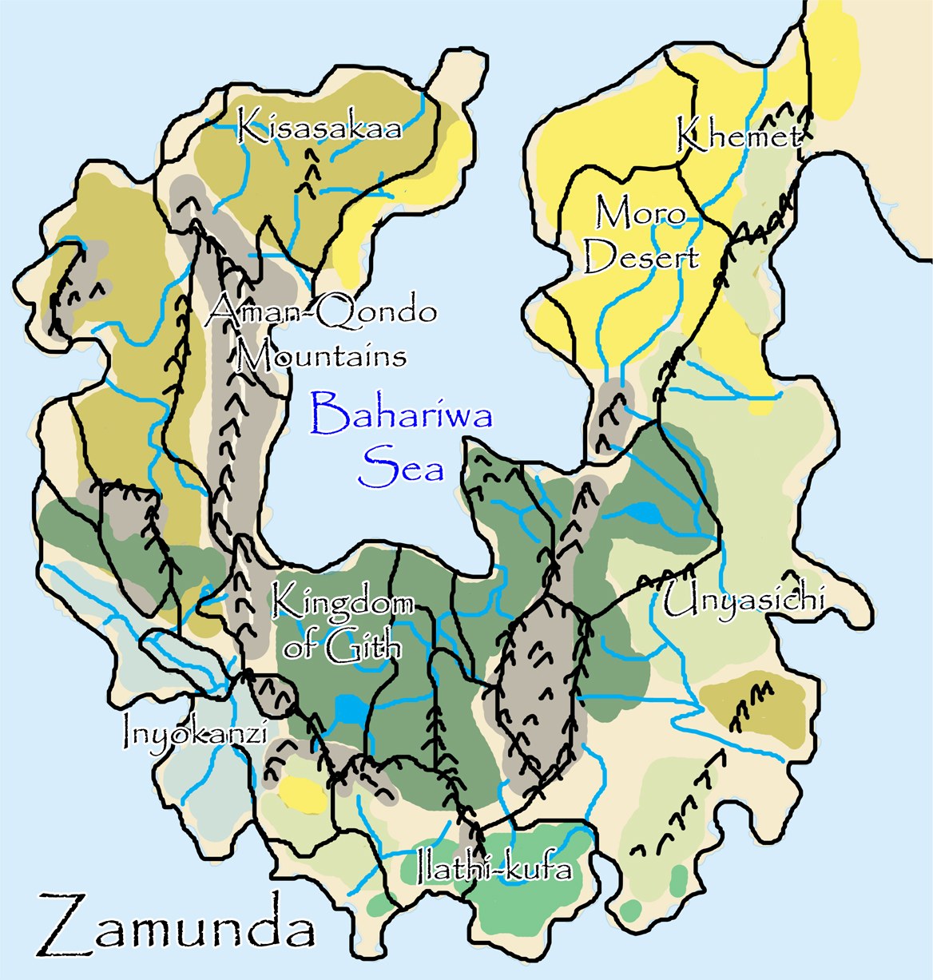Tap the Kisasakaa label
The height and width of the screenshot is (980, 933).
click(320, 129)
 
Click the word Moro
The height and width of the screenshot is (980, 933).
click(641, 214)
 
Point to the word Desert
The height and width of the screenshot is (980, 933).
click(641, 257)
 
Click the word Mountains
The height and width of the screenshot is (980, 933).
click(321, 355)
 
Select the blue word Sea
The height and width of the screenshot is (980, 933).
click(401, 466)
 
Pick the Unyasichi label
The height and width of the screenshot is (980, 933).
click(743, 599)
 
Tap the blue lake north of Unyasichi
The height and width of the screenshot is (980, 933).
click(644, 514)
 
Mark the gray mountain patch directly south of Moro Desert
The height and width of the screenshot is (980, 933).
click(612, 415)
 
